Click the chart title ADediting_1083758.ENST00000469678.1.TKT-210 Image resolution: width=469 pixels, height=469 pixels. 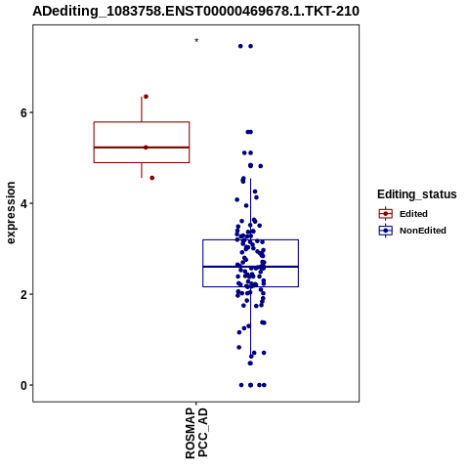[195, 11]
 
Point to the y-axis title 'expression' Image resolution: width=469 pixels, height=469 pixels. [11, 213]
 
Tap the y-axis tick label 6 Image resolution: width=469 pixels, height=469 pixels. [23, 112]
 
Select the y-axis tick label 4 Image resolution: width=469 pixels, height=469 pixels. [23, 203]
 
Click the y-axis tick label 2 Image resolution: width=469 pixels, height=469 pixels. [23, 294]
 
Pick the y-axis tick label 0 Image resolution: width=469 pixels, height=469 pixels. [23, 385]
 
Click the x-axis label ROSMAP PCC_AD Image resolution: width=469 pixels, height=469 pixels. [196, 433]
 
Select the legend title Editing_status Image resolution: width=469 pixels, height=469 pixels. [417, 194]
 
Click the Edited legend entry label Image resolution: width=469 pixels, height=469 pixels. [413, 214]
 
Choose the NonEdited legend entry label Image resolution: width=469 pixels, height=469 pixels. [423, 231]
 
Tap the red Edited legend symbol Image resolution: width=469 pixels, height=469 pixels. [386, 214]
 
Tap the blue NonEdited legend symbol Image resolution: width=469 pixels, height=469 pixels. [386, 231]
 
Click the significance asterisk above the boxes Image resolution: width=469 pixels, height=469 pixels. [196, 41]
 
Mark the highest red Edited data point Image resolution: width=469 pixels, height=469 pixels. [146, 97]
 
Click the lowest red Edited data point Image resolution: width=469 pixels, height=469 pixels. [151, 178]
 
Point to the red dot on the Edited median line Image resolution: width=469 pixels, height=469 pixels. [146, 148]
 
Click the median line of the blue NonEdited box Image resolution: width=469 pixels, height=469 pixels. [250, 267]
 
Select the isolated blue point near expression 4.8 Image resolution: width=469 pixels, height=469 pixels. [261, 166]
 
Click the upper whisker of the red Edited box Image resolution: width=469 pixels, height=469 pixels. [142, 109]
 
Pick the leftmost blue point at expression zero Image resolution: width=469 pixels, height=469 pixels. [241, 385]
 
